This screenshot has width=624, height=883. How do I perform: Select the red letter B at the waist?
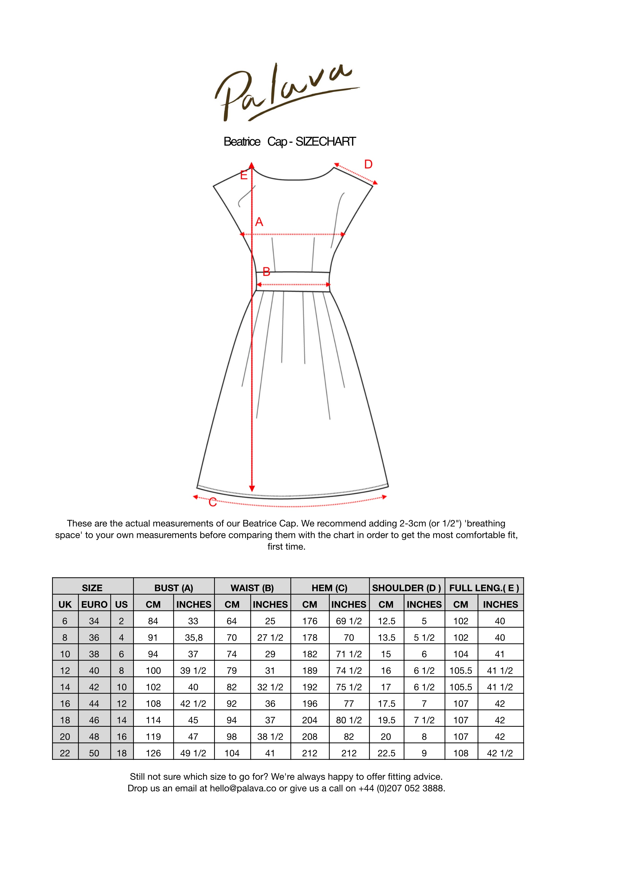(x=266, y=272)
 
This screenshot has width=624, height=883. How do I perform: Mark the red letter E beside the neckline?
(x=244, y=175)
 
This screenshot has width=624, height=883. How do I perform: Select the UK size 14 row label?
(x=65, y=687)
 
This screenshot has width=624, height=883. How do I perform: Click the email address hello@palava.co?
(x=243, y=788)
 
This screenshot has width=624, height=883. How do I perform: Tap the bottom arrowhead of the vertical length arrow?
(x=252, y=488)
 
